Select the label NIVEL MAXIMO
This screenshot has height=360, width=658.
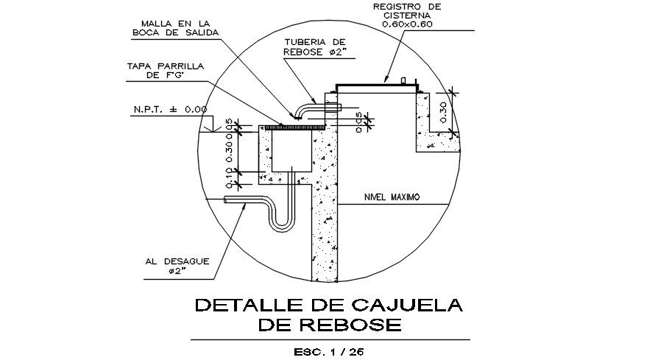click(392, 197)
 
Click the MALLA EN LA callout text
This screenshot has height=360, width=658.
click(170, 23)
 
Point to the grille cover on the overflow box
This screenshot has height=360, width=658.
click(294, 127)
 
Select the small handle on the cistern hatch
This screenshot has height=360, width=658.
click(403, 80)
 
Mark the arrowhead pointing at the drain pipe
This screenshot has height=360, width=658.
click(245, 207)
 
